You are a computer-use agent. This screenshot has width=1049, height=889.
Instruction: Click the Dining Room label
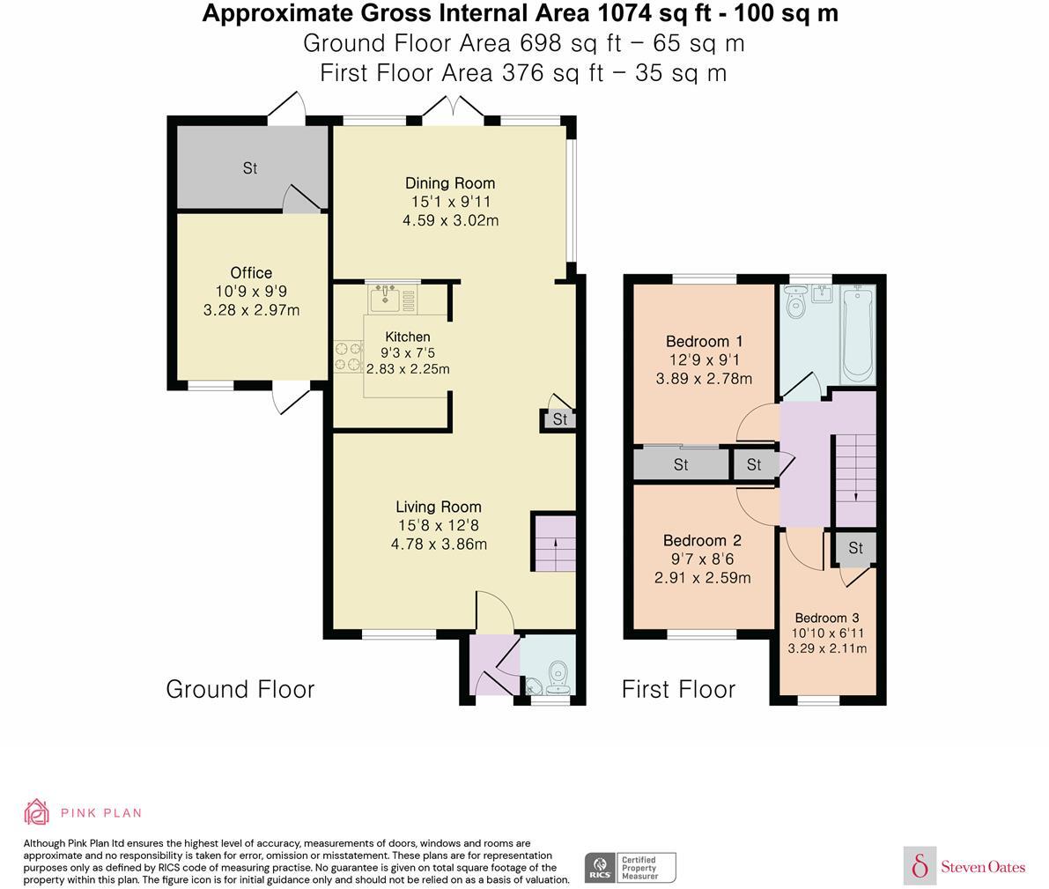coord(450,182)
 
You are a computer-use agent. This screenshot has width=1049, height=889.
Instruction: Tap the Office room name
coord(251,272)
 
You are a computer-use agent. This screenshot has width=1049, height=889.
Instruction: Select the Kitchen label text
coord(408,337)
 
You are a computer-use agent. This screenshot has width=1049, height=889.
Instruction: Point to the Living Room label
coord(439,507)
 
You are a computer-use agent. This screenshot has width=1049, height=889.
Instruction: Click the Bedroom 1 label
coord(704,341)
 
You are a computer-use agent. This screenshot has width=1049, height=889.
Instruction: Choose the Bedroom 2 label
coord(703,540)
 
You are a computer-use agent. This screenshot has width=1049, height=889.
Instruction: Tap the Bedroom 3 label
coord(827,618)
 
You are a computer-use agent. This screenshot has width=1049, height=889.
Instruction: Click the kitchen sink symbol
coord(385,298)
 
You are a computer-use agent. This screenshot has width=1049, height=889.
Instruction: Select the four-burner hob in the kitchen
coord(348,356)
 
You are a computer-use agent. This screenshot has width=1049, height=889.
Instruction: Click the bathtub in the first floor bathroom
coord(859,335)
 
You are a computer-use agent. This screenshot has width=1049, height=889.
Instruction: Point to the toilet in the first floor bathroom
coord(795,302)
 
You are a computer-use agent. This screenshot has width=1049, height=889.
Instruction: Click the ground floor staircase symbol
coord(555,543)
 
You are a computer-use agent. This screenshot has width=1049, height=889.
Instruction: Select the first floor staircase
coord(855,479)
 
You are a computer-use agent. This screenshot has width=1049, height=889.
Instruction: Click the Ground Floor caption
coord(240,689)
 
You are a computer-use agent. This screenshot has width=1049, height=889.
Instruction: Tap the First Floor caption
coord(678,689)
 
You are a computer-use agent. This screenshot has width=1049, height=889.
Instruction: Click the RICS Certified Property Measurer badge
coord(631,868)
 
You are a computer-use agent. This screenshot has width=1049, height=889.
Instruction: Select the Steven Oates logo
coord(964,866)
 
